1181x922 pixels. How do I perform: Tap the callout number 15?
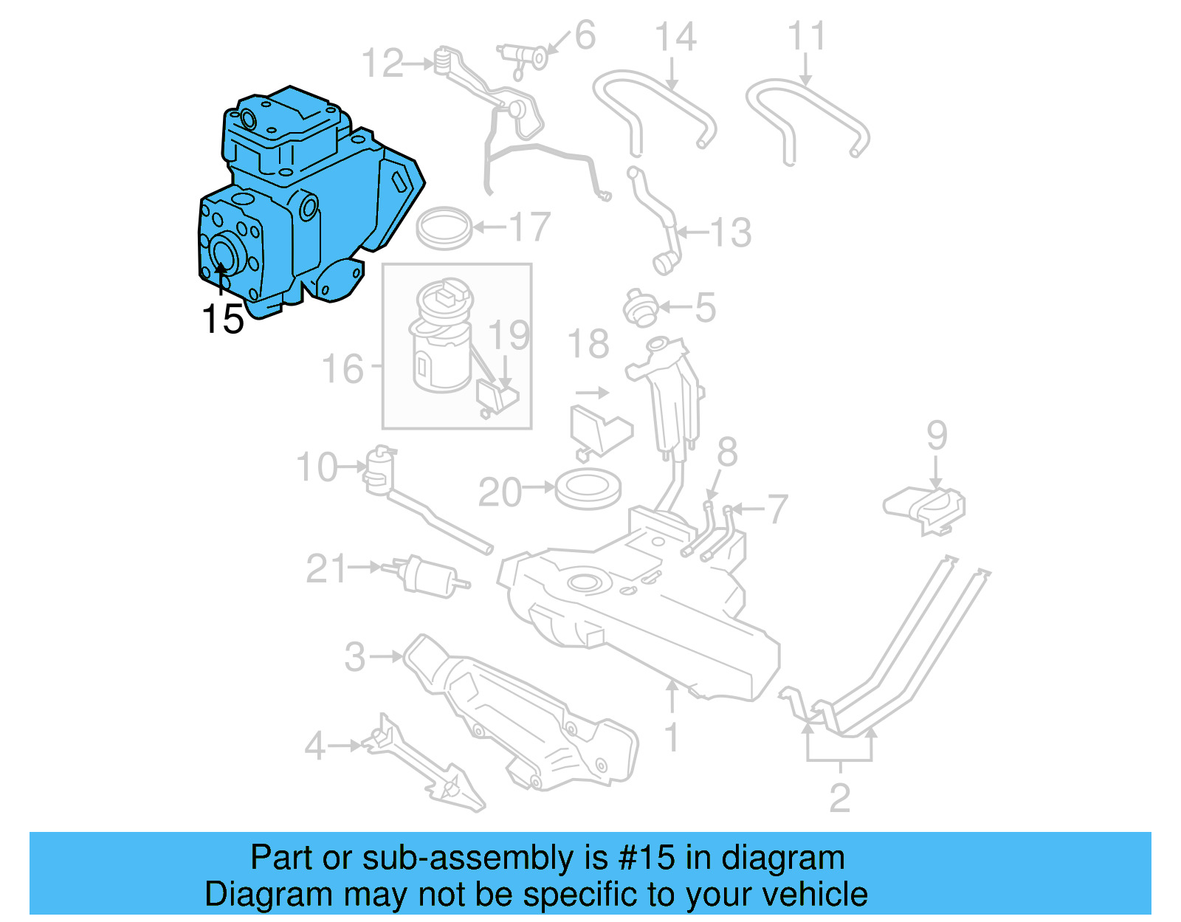pyautogui.click(x=222, y=320)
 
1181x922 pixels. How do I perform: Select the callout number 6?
pyautogui.click(x=585, y=35)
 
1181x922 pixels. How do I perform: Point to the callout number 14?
pyautogui.click(x=675, y=37)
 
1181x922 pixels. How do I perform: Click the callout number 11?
pyautogui.click(x=807, y=36)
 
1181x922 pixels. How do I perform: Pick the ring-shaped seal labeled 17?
pyautogui.click(x=444, y=227)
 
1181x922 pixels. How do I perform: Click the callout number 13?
pyautogui.click(x=731, y=233)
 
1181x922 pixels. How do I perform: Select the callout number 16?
pyautogui.click(x=343, y=368)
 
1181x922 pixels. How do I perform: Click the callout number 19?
pyautogui.click(x=509, y=336)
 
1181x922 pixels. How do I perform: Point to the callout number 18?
pyautogui.click(x=588, y=344)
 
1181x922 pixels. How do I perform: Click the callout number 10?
pyautogui.click(x=317, y=467)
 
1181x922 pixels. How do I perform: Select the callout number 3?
pyautogui.click(x=355, y=656)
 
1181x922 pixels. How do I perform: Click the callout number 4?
pyautogui.click(x=315, y=746)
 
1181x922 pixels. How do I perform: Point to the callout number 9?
pyautogui.click(x=937, y=436)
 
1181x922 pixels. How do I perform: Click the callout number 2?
pyautogui.click(x=840, y=798)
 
